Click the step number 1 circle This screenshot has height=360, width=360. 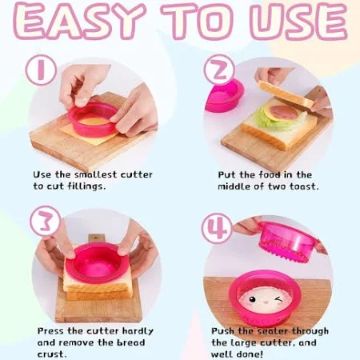[x=41, y=70]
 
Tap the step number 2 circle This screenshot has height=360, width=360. [x=219, y=70]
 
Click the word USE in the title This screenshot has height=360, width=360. [x=299, y=22]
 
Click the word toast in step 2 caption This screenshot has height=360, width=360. [x=304, y=186]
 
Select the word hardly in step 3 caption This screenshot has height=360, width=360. [x=138, y=332]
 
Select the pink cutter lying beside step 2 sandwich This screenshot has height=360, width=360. [x=225, y=95]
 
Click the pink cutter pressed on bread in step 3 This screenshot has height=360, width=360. [x=95, y=262]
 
